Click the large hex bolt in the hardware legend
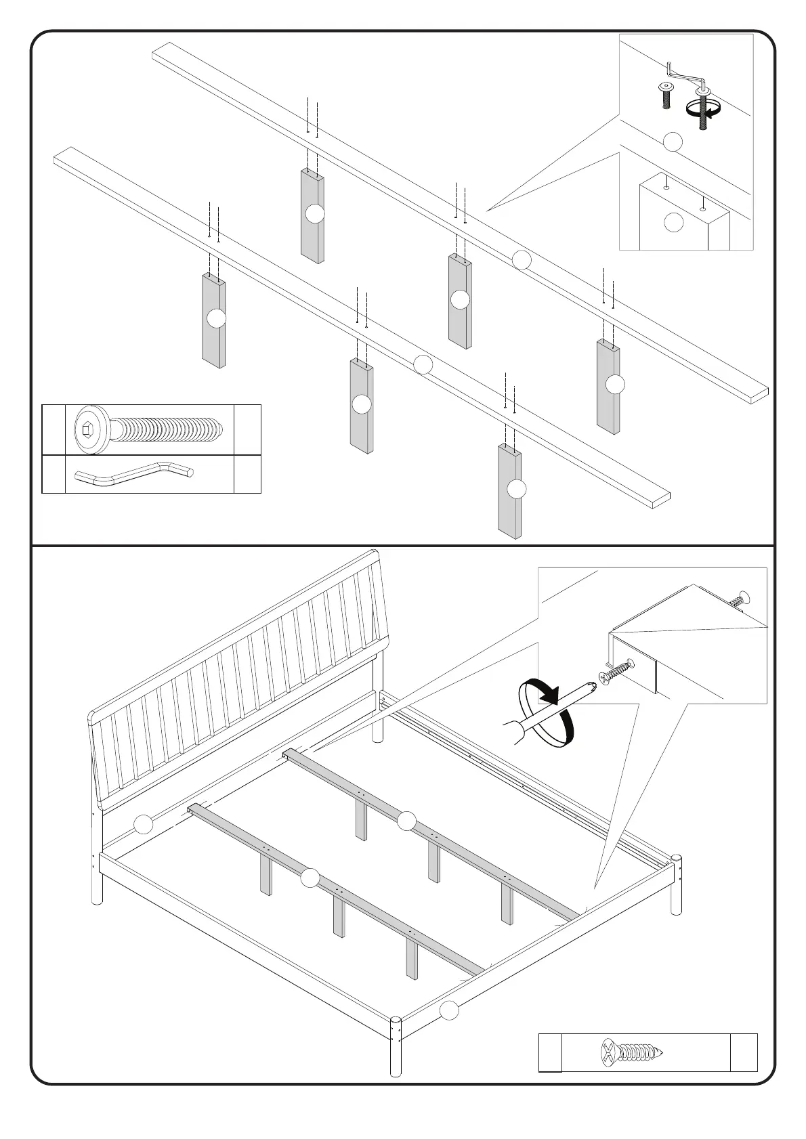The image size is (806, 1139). (149, 429)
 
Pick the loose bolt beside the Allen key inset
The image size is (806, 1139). (665, 95)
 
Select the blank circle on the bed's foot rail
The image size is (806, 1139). (448, 1011)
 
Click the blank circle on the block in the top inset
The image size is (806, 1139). (673, 221)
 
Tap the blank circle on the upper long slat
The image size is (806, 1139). (521, 259)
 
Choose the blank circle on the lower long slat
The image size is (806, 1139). (423, 364)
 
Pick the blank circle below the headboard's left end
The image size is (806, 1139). (143, 824)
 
